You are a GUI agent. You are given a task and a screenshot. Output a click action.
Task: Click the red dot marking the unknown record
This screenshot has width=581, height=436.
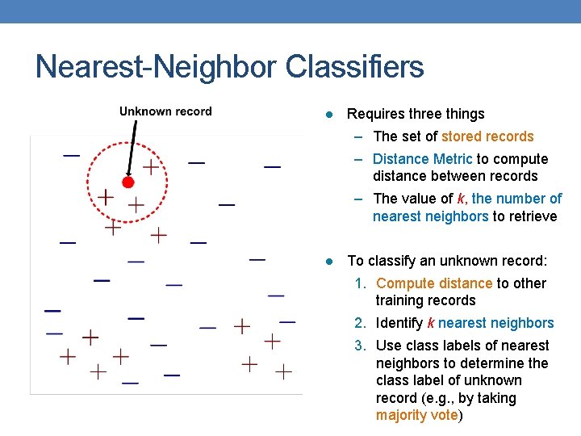127,182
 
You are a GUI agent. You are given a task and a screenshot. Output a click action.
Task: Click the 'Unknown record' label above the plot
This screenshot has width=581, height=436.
165,111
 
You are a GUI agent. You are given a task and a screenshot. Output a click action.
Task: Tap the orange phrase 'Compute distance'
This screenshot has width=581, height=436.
433,283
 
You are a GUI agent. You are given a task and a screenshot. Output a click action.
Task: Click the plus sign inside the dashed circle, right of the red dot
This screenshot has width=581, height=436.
151,167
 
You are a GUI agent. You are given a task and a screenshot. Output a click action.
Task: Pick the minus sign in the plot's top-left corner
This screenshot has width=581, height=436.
72,154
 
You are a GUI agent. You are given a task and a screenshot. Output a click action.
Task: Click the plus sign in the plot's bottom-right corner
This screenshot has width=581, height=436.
282,372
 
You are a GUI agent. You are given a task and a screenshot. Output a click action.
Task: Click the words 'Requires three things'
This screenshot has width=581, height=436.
416,114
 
